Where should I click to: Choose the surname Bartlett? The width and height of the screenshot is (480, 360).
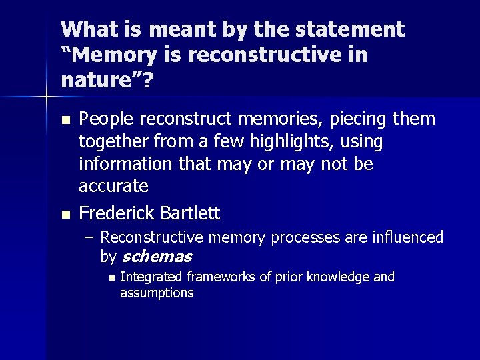[x=189, y=213]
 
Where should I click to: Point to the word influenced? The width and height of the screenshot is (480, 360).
[x=409, y=237]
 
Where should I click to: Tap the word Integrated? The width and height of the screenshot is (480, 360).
[x=151, y=277]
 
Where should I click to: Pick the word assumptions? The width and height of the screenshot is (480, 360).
[x=157, y=293]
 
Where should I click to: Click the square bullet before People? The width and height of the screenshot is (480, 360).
[x=65, y=121]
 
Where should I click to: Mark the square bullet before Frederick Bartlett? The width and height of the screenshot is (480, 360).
[x=65, y=215]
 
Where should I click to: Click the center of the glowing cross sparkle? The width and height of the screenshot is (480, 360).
[x=46, y=97]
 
